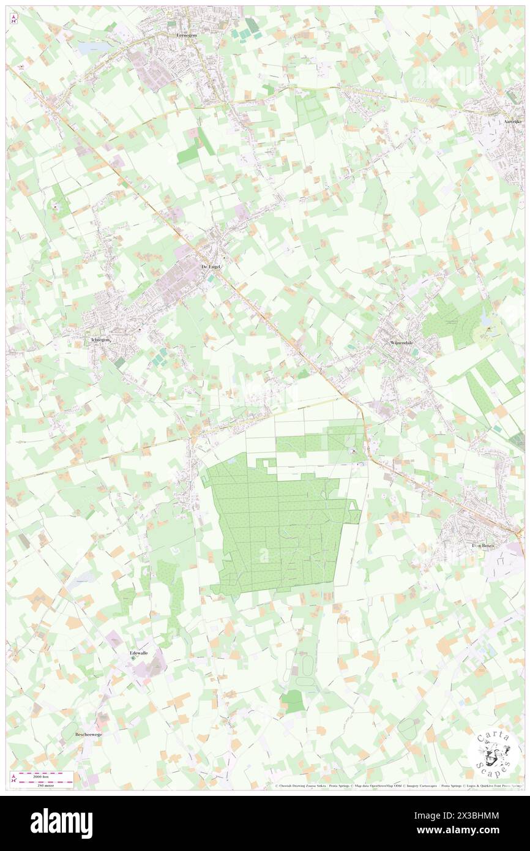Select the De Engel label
pyautogui.click(x=211, y=267)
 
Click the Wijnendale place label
pyautogui.click(x=403, y=343)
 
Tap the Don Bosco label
pyautogui.click(x=482, y=545)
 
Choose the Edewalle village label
pyautogui.click(x=139, y=653)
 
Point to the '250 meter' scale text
pyautogui.click(x=43, y=785)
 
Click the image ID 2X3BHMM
pyautogui.click(x=472, y=815)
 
